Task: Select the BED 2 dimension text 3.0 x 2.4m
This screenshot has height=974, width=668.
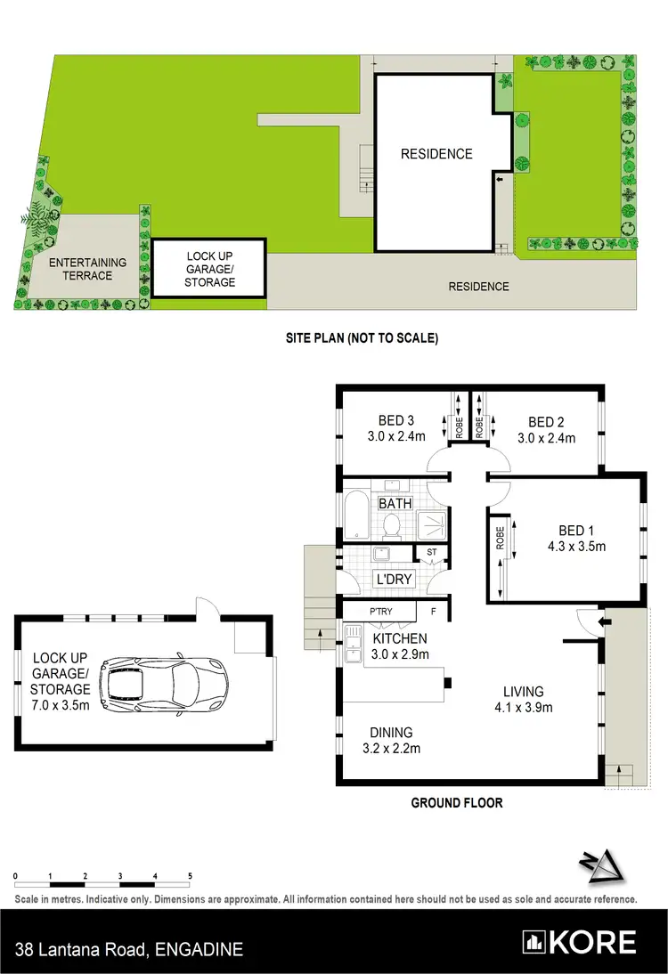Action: [546, 438]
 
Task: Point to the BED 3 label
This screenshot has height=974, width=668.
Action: [397, 421]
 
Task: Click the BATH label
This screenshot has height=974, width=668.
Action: [395, 504]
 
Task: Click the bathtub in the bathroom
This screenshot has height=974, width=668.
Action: [354, 512]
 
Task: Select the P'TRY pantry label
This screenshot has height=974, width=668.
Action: [384, 613]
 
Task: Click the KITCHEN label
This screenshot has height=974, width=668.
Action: [400, 638]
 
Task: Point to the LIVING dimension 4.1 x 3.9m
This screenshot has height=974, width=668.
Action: [523, 708]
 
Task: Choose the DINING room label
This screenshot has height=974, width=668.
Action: [392, 733]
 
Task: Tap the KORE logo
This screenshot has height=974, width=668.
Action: [581, 942]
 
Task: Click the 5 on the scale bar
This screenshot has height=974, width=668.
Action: [190, 876]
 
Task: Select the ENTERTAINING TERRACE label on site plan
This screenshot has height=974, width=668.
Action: [87, 269]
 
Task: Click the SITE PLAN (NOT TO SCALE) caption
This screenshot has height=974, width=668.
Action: [362, 338]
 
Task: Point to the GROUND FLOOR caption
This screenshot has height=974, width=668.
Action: [456, 803]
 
